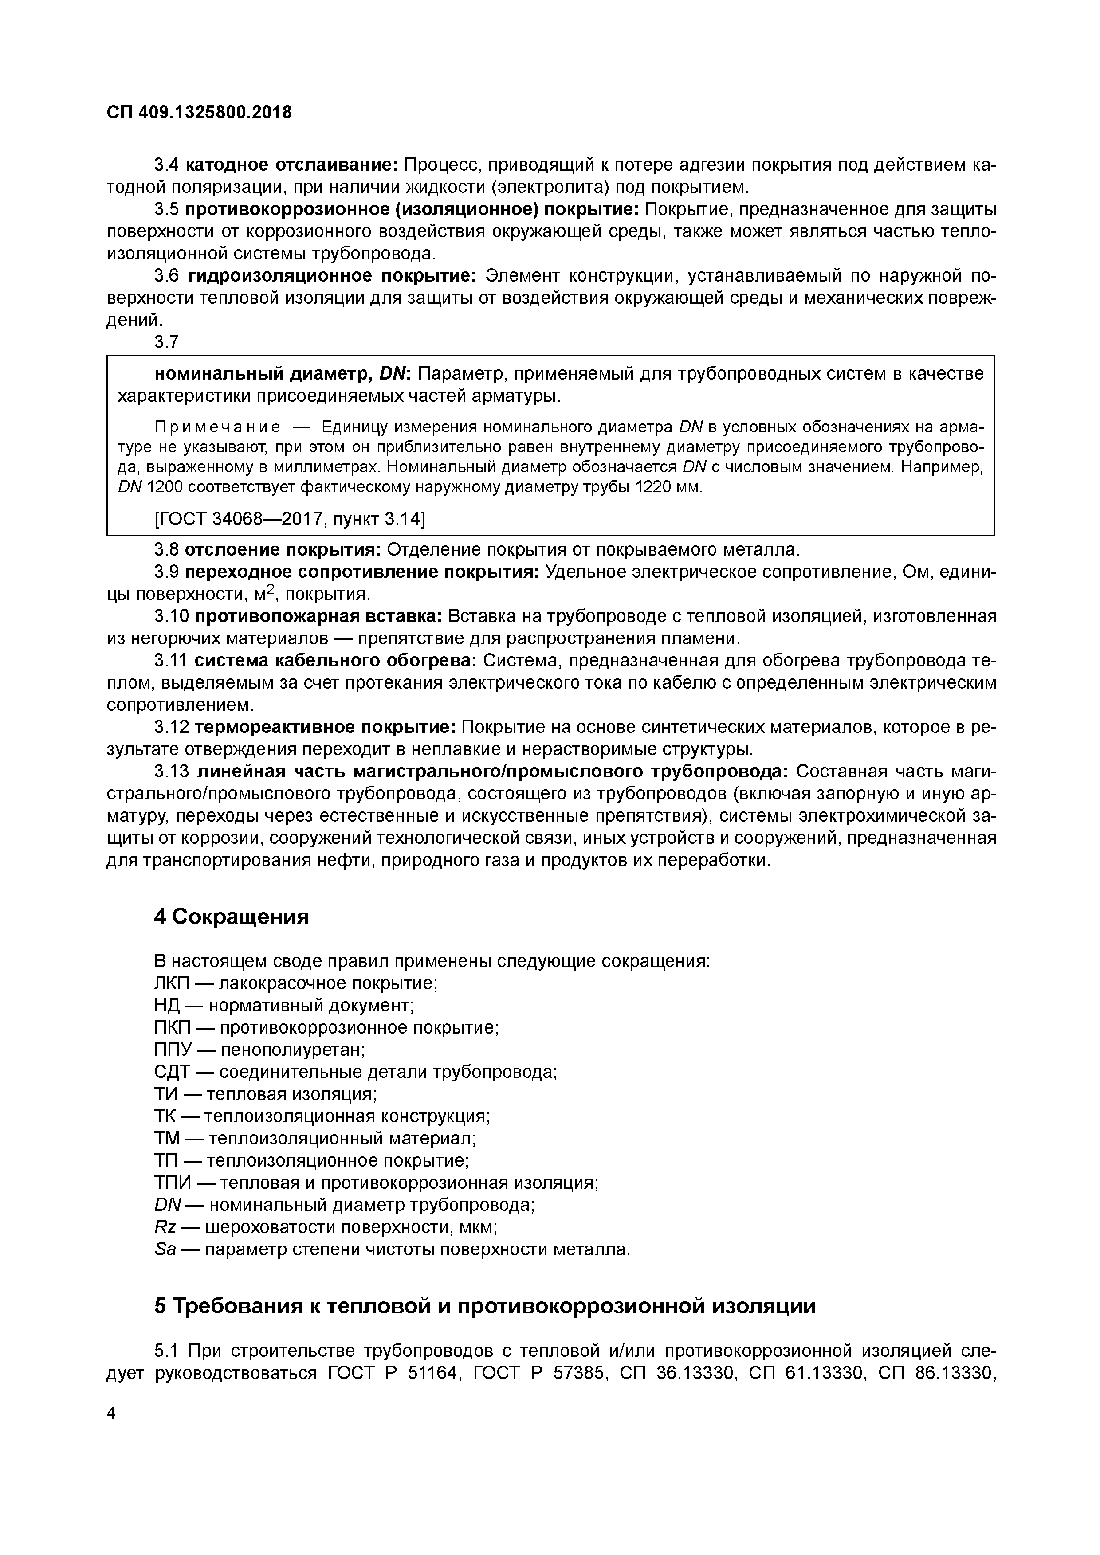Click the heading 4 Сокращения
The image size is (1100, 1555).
(232, 917)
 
